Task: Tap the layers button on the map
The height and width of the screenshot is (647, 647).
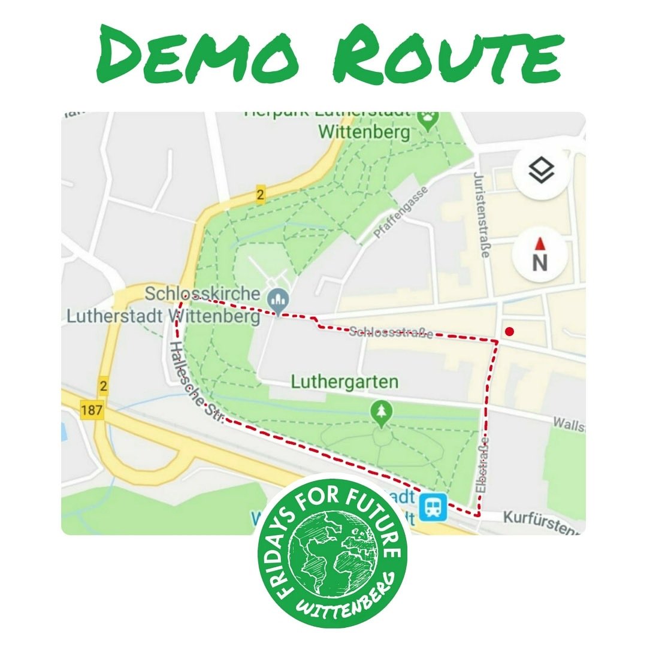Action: point(541,171)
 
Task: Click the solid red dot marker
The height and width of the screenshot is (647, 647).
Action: point(509,331)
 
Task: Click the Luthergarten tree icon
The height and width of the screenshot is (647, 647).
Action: point(380,412)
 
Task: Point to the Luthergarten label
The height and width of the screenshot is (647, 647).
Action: point(344,382)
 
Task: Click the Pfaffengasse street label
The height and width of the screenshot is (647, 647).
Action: point(394,212)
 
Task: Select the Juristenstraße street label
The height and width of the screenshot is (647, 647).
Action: point(480,216)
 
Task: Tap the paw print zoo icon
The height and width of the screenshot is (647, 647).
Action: point(427,121)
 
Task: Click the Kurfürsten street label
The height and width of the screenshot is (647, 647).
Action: point(542,521)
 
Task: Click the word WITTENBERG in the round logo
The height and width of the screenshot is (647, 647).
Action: point(353,599)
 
